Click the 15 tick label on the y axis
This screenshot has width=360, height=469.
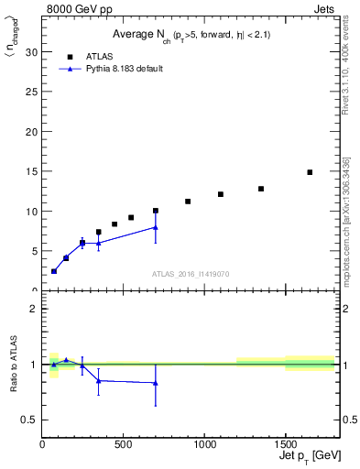(32, 171)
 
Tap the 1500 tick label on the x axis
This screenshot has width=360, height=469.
(285, 444)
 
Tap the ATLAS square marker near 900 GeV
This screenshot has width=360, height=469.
(188, 202)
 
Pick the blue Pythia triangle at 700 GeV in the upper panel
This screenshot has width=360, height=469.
(156, 227)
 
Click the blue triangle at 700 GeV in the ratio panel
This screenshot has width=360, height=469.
(156, 383)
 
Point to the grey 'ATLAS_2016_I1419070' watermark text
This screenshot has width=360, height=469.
(190, 273)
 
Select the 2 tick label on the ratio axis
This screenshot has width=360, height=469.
(34, 309)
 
